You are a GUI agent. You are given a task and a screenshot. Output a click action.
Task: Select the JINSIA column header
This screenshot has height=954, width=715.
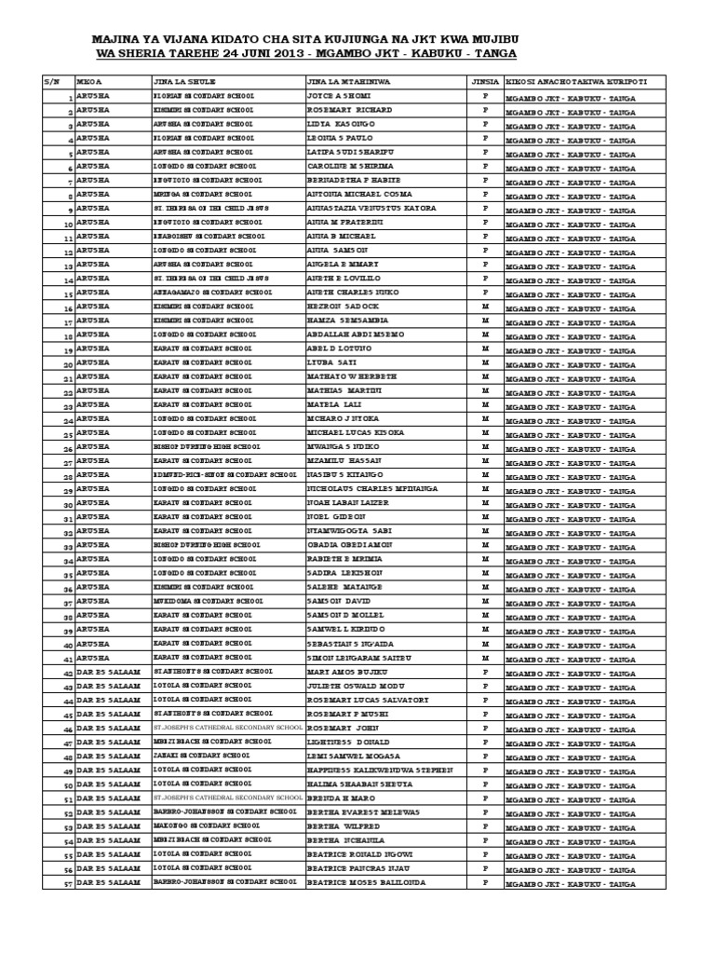pos(484,82)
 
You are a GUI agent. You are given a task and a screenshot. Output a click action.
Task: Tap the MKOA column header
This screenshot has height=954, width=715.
pos(89,82)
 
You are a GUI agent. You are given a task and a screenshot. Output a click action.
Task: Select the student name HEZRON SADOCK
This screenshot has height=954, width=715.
pos(343,306)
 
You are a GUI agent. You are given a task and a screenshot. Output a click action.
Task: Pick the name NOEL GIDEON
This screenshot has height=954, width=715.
pos(336,516)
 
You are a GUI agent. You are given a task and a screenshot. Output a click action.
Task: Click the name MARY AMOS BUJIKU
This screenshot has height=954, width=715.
pos(346,671)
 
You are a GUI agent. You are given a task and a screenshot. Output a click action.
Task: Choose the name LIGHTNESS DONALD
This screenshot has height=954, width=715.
pos(347,741)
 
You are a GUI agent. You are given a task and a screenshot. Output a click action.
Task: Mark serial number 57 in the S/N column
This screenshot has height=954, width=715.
pos(67,882)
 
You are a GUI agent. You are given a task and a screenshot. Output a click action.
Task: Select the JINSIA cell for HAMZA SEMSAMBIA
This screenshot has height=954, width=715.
pos(484,320)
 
